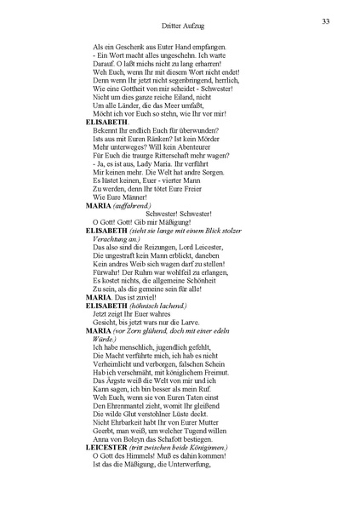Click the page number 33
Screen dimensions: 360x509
click(x=326, y=21)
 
